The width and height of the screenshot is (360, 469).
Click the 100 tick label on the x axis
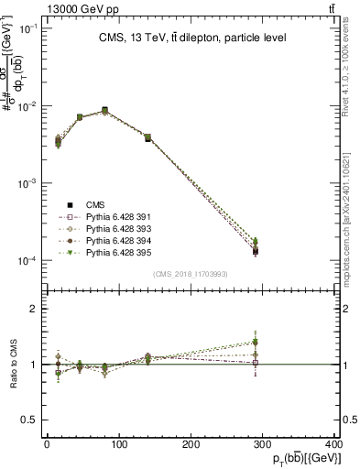click(x=119, y=445)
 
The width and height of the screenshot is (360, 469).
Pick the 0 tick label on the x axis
click(x=47, y=445)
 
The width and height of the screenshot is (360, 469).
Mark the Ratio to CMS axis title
click(x=12, y=364)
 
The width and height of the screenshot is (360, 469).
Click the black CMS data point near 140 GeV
click(x=147, y=138)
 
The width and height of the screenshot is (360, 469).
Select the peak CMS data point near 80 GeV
click(x=105, y=110)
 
